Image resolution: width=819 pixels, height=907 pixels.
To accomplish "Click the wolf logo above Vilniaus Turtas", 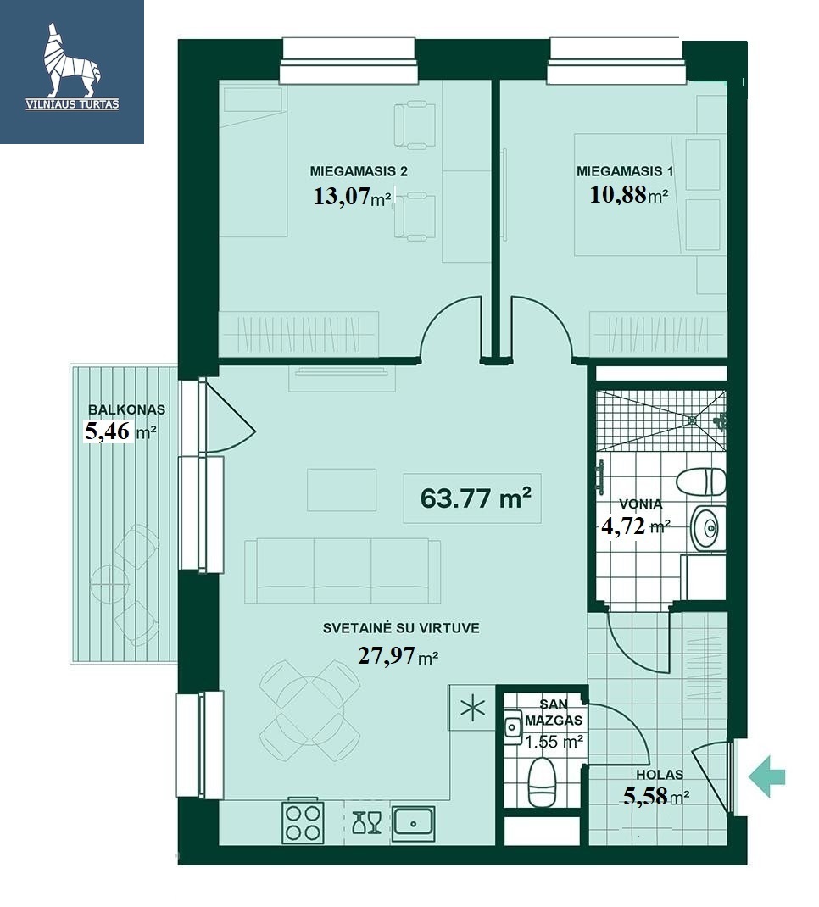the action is [x=72, y=60].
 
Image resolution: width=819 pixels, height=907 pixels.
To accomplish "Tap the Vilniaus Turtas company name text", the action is [x=72, y=105].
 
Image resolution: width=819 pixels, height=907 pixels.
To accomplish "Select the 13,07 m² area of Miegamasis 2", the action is [x=352, y=197].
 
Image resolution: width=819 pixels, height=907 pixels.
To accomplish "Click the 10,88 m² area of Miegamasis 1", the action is [x=629, y=195].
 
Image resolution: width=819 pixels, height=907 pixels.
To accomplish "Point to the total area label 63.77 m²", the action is [x=476, y=498].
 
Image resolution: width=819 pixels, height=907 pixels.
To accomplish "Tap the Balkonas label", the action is [x=126, y=409].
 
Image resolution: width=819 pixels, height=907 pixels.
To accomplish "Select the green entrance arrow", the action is [x=767, y=776].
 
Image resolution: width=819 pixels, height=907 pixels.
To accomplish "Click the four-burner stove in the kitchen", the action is [x=304, y=822].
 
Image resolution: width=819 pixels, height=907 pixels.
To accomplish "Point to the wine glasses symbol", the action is [x=367, y=822].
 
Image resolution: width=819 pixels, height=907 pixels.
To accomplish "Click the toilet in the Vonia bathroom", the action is [x=700, y=481].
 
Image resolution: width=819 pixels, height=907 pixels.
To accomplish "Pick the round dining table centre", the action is [x=310, y=710].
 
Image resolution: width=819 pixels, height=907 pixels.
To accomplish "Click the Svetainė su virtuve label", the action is [x=401, y=628].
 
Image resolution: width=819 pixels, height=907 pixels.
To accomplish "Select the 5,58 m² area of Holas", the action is [x=656, y=797].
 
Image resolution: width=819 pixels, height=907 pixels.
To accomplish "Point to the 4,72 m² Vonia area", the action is [x=636, y=526].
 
